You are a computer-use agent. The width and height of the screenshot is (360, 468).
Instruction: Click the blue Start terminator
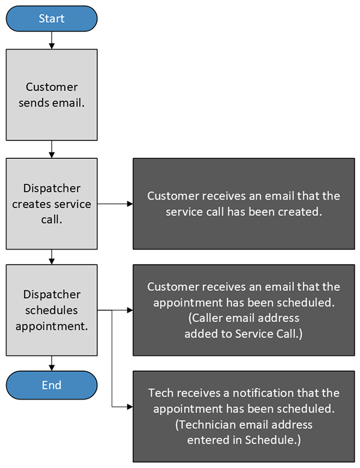[52, 19]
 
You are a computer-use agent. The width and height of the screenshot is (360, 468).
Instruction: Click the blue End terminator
[52, 385]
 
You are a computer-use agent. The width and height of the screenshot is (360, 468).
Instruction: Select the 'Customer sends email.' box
[52, 95]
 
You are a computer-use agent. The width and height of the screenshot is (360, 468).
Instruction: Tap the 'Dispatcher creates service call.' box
[52, 204]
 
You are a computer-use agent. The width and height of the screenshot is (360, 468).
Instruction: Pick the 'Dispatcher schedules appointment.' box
[52, 310]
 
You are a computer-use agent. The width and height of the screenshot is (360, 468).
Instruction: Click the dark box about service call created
[244, 204]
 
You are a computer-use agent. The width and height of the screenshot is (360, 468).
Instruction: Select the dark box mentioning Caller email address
[244, 310]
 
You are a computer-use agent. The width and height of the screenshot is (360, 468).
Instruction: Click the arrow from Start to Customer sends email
[52, 40]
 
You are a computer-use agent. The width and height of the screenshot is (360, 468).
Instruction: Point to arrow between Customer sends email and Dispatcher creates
[52, 149]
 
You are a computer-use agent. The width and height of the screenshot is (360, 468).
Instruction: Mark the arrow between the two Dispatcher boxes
[52, 257]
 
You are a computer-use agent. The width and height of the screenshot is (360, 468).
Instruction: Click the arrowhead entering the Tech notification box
[129, 407]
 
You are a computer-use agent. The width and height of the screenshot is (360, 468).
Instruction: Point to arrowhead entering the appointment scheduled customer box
[129, 310]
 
